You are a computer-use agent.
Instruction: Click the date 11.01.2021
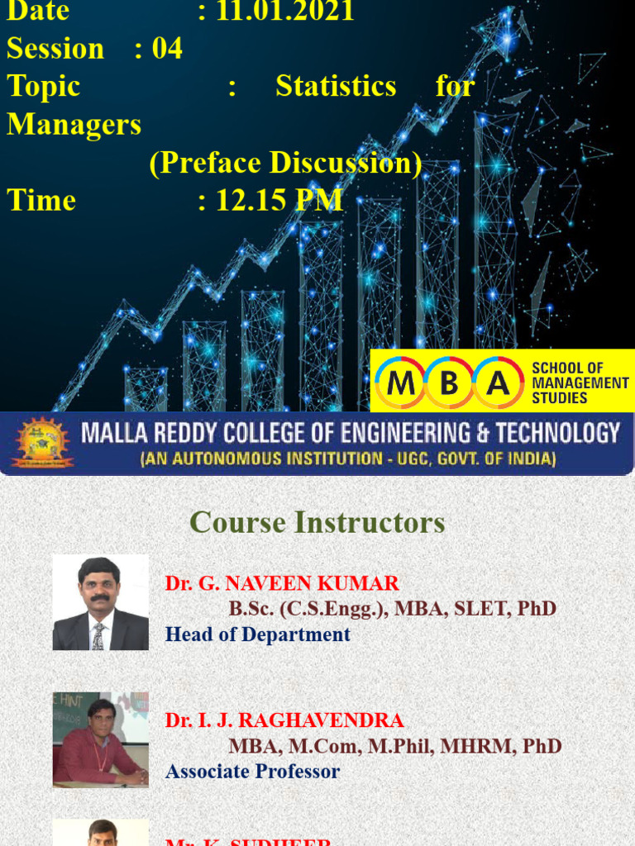tap(285, 12)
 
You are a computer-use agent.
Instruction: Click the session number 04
tap(167, 49)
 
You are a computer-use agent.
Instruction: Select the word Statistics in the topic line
tap(336, 87)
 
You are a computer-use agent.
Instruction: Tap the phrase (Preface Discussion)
tap(285, 163)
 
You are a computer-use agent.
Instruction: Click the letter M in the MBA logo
tap(401, 383)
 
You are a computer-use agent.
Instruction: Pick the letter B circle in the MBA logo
tap(449, 383)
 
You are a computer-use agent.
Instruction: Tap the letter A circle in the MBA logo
tap(497, 383)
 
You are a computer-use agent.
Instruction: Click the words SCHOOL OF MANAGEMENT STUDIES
tap(580, 383)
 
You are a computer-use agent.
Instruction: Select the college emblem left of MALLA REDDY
tap(41, 443)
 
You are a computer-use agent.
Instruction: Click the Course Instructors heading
tap(317, 522)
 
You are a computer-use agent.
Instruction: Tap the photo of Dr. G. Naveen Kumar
tap(100, 602)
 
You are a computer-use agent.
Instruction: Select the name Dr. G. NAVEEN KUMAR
tap(282, 583)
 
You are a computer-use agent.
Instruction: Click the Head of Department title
tap(257, 634)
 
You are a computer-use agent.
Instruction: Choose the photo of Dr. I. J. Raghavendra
tap(100, 739)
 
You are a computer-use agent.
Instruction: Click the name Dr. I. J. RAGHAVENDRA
tap(284, 720)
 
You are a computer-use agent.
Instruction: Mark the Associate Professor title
tap(252, 772)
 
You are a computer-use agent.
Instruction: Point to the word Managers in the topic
tap(74, 125)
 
